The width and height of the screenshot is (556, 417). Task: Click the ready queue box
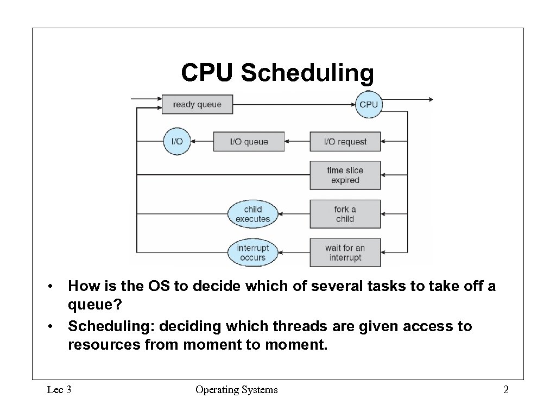click(197, 104)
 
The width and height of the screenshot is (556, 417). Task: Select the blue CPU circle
click(369, 104)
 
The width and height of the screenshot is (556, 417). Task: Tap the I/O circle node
click(177, 142)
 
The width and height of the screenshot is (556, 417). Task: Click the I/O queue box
click(249, 142)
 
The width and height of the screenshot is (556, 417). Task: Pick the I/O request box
click(345, 142)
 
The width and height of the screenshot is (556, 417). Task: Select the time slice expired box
click(345, 175)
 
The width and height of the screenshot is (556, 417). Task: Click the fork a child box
click(345, 214)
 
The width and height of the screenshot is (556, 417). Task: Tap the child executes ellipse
click(252, 214)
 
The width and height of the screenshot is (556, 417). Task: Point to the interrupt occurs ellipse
click(252, 252)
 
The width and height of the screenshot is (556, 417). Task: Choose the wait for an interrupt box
click(345, 252)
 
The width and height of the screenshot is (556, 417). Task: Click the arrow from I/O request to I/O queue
click(297, 142)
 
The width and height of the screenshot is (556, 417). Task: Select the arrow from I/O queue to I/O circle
click(202, 142)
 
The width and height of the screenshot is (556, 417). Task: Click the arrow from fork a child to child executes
click(294, 214)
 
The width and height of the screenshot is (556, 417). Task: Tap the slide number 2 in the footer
click(506, 390)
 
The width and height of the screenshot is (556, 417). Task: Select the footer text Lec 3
click(60, 390)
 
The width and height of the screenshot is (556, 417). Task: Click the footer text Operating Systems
click(236, 390)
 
